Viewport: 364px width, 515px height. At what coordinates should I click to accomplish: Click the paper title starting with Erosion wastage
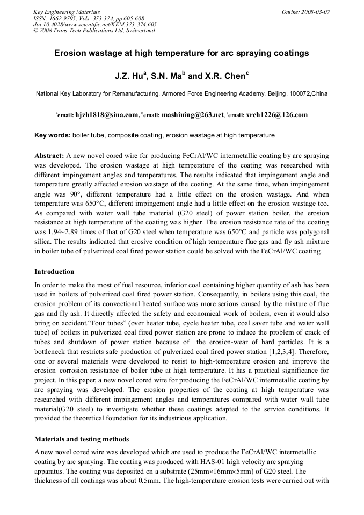[181, 54]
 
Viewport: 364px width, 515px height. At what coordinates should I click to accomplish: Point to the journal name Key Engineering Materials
[66, 12]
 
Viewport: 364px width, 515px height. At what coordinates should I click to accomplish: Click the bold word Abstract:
[49, 155]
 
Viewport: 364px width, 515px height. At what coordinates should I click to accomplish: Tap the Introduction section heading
[54, 272]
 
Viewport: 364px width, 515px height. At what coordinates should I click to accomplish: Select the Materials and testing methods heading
[81, 439]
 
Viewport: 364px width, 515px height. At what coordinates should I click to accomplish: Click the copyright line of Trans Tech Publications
[94, 31]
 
